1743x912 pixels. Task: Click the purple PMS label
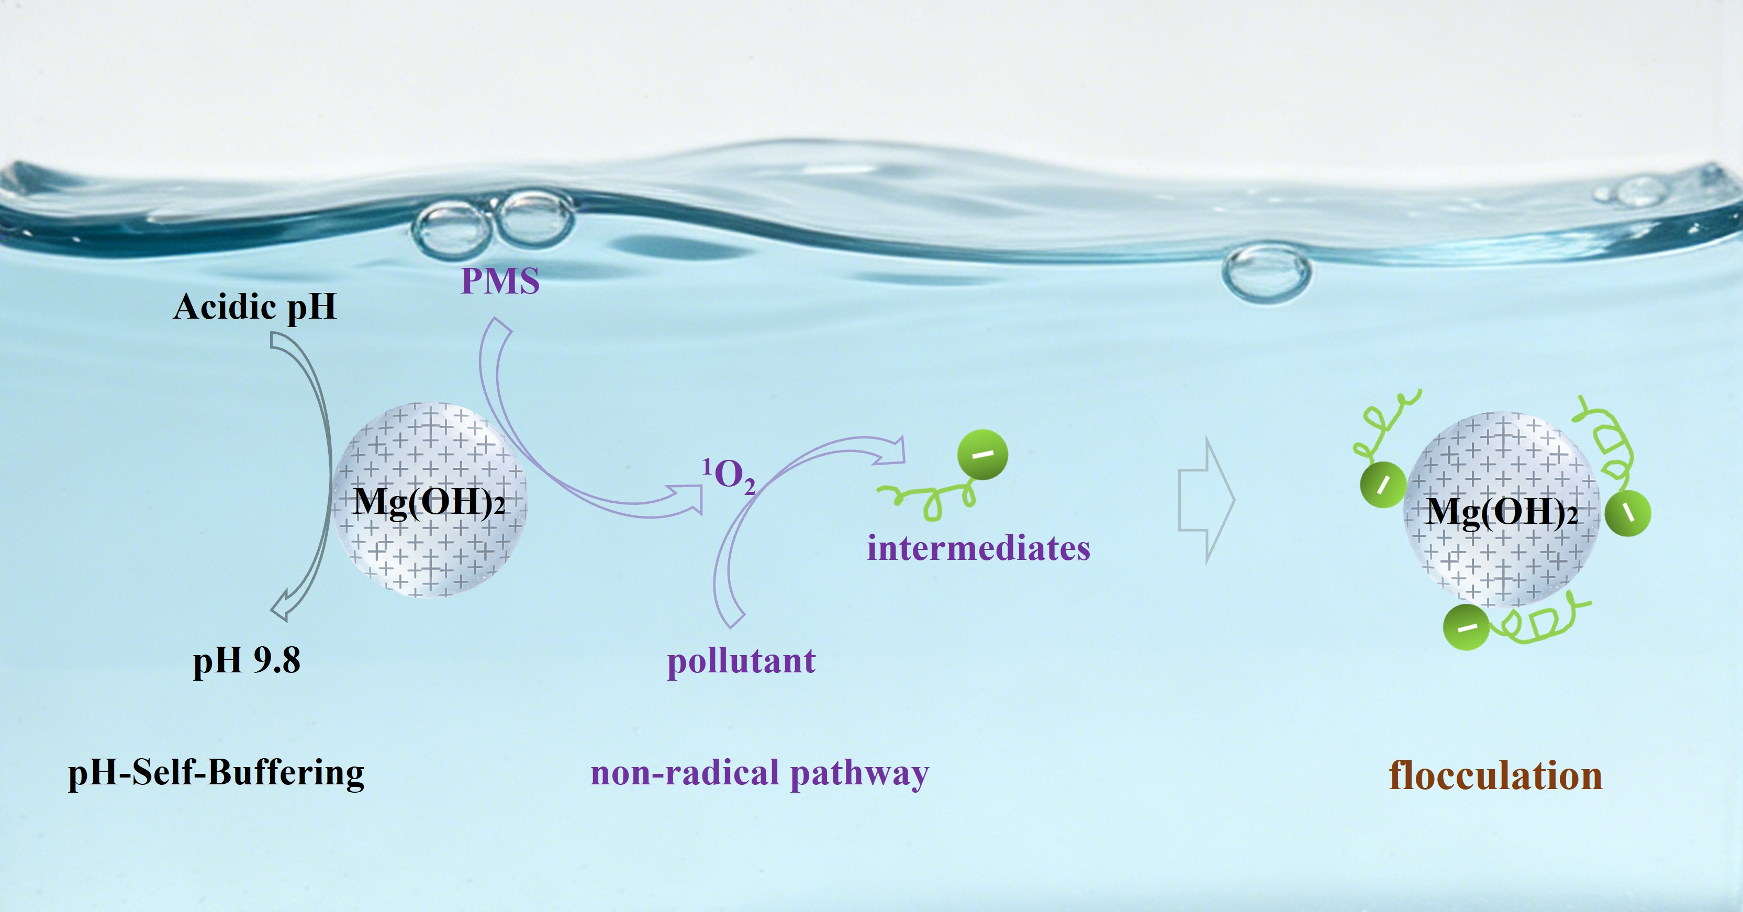coord(500,281)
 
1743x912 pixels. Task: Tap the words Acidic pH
coord(255,307)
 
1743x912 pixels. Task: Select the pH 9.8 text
coord(247,660)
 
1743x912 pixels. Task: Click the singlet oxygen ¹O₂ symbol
coord(729,475)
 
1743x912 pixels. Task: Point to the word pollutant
coord(742,661)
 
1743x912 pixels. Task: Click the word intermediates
coord(978,548)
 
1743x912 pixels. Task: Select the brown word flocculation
coord(1495,775)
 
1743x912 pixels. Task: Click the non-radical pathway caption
coord(759,773)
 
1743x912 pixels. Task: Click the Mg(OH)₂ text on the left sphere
coord(429,502)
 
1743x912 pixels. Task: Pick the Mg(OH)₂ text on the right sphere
coord(1502,512)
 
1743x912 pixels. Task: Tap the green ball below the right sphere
coord(1466,627)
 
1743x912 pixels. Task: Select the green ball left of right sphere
coord(1383,485)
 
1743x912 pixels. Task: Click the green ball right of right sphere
coord(1627,513)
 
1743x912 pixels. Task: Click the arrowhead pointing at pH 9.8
coord(281,610)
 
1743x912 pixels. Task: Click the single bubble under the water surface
coord(1266,272)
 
